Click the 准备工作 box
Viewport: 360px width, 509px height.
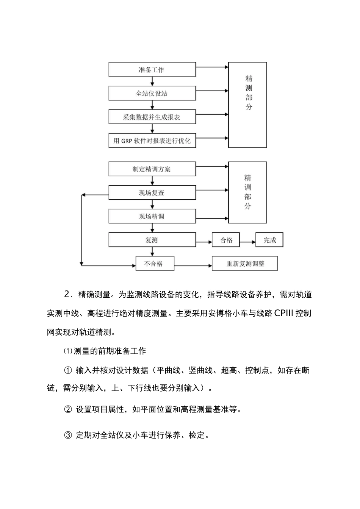tap(152, 70)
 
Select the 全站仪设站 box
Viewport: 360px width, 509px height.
tap(152, 93)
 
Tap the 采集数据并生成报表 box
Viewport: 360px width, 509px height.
tap(152, 117)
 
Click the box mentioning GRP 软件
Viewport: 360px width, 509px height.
tap(152, 141)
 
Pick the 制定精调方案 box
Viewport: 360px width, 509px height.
tap(152, 169)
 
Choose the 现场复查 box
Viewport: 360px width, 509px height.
tap(152, 193)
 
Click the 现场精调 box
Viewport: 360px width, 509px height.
tap(152, 216)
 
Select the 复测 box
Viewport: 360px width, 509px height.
tap(152, 240)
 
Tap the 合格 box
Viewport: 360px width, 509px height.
tap(226, 240)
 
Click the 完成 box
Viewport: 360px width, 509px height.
tap(269, 240)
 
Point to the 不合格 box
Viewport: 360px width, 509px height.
tap(155, 264)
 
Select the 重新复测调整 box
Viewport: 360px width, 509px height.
tap(245, 264)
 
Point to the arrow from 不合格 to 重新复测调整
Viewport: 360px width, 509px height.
tap(193, 265)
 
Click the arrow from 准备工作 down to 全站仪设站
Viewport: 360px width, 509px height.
tap(152, 81)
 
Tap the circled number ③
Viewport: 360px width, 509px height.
tap(68, 435)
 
